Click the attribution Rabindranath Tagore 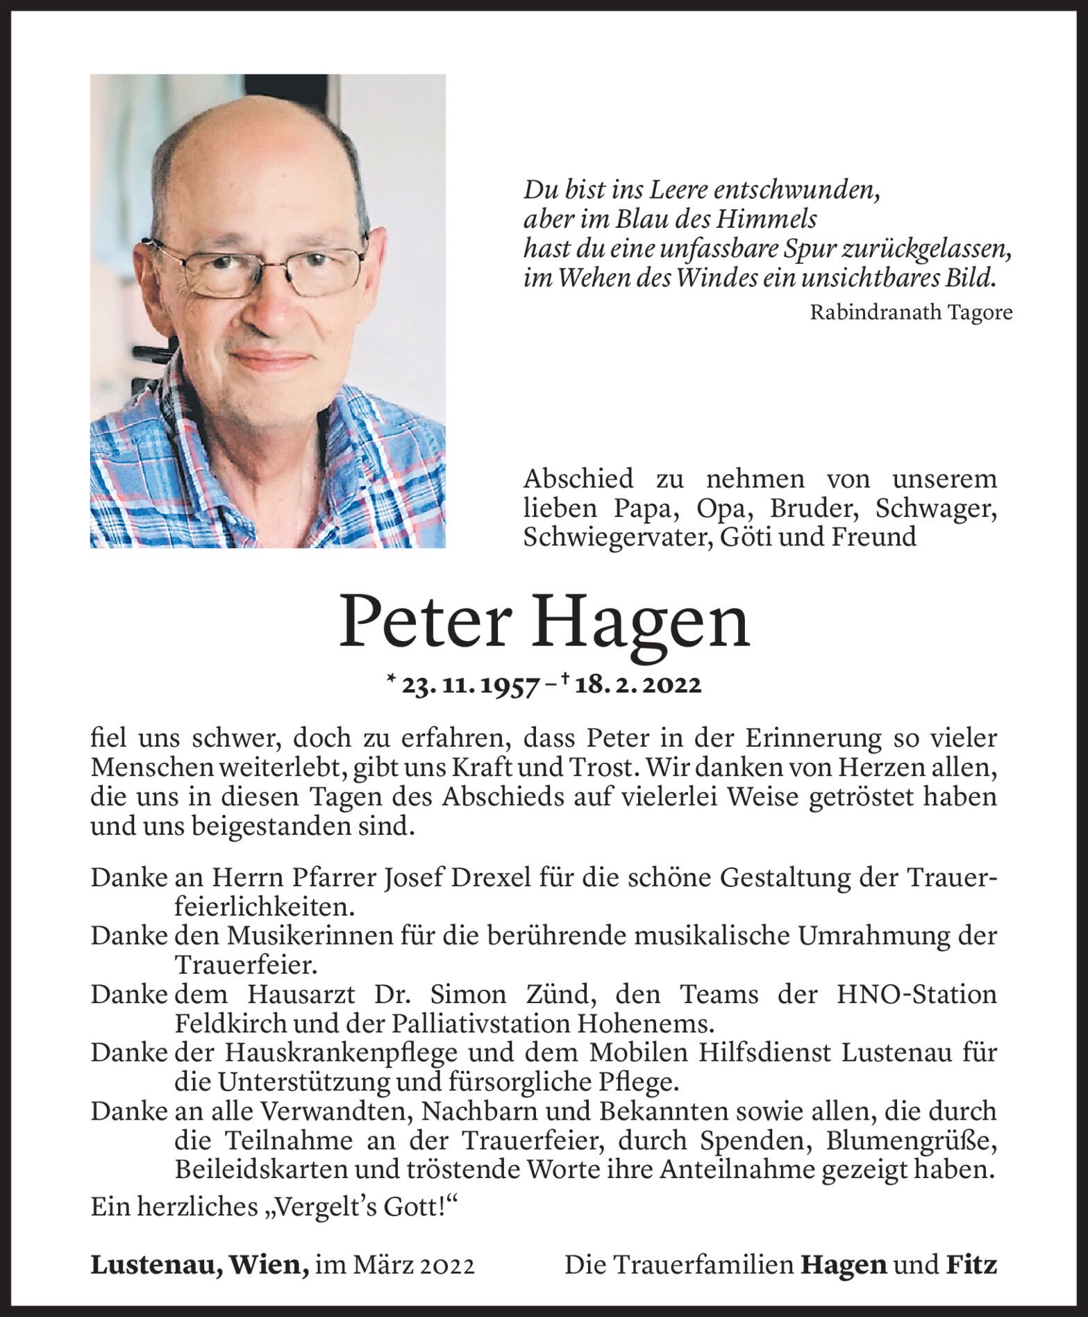coord(910,313)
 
